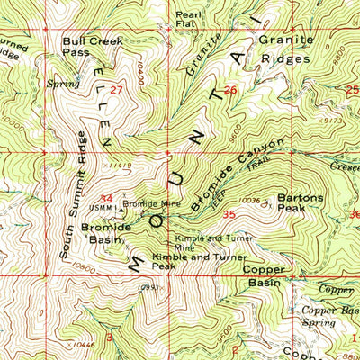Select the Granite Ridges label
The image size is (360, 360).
286,50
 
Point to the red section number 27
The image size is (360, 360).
116,91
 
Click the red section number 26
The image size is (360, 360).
230,90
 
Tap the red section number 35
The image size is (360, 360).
229,214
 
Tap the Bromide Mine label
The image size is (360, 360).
151,204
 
